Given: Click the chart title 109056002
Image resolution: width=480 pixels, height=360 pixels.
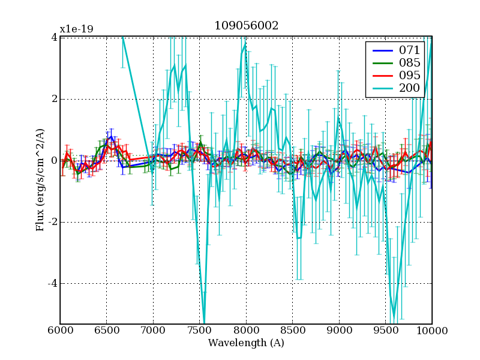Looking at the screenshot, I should (246, 26).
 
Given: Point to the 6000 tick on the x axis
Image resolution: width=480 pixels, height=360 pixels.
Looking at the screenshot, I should (60, 330).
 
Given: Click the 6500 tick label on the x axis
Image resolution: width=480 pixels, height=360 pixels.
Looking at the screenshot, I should (107, 330).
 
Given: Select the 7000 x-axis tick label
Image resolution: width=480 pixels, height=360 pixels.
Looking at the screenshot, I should (153, 330).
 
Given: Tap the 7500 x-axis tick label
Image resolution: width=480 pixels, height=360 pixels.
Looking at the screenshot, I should (200, 330).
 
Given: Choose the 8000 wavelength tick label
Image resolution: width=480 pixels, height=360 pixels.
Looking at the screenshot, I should (246, 330).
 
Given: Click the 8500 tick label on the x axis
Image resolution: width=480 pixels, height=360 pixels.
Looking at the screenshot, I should (293, 330).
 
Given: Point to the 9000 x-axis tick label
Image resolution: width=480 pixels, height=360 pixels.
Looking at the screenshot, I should (339, 330).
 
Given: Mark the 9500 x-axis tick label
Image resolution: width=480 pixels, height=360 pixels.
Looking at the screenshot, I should (386, 330).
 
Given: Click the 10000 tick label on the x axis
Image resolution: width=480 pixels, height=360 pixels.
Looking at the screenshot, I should (431, 330).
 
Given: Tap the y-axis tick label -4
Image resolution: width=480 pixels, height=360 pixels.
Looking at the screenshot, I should (52, 283).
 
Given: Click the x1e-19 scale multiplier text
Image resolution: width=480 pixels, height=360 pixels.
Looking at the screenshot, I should (76, 29).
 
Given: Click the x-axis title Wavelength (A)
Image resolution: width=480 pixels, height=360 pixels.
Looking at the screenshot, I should (246, 343).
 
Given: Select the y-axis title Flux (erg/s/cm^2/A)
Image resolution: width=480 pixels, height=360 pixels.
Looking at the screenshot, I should (40, 180).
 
